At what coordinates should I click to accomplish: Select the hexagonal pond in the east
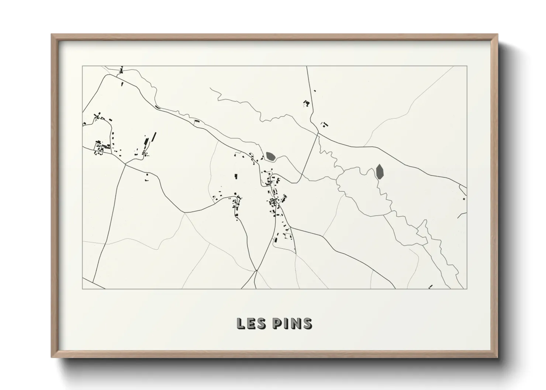coord(379,171)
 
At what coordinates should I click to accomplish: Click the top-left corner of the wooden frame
coord(52,35)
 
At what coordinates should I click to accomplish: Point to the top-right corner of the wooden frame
coord(497,35)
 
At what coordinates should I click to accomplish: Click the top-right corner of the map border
coord(467,66)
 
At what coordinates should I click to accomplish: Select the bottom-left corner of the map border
coord(82,289)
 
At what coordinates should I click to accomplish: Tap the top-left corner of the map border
coord(82,66)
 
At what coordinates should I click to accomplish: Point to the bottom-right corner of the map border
coord(467,289)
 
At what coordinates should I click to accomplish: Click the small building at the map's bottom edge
coord(430,286)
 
